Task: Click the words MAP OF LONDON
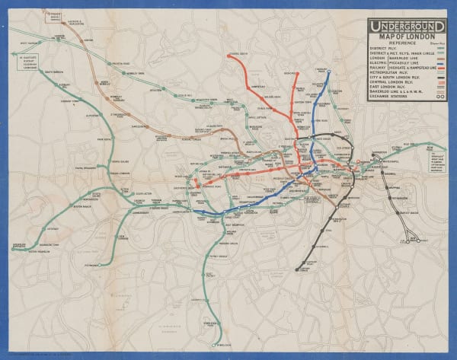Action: [x=407, y=37]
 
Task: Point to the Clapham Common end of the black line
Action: [x=298, y=269]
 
